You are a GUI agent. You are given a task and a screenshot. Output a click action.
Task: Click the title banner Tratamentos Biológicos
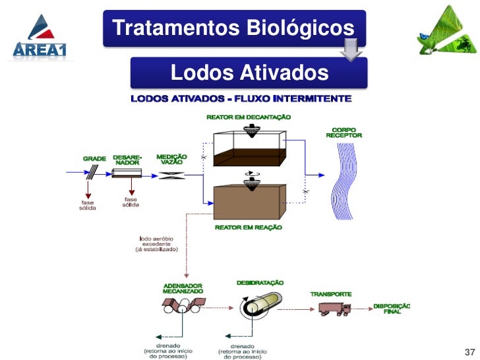233,28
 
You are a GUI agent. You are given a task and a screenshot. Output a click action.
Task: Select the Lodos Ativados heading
249,73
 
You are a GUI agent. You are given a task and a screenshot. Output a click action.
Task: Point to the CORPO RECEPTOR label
344,132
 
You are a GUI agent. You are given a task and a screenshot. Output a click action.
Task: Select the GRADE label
94,158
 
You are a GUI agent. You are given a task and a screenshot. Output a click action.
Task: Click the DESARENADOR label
127,160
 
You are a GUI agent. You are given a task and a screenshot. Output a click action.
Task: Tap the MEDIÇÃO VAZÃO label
171,160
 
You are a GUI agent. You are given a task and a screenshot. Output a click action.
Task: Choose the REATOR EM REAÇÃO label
248,227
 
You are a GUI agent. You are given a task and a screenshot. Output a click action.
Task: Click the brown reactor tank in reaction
248,201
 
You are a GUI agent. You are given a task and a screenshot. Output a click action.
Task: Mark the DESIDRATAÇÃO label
260,282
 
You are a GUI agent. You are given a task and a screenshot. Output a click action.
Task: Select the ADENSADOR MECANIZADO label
183,288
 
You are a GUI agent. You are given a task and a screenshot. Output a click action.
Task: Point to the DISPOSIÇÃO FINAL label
392,309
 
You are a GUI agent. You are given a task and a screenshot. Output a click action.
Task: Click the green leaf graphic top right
446,33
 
